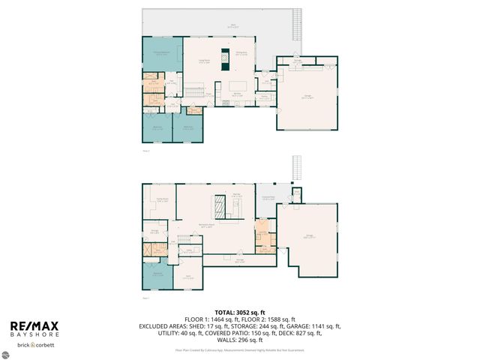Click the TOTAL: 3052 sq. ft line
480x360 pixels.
(x=239, y=312)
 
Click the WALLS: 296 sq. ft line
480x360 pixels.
(x=239, y=340)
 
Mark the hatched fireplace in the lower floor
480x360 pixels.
(x=220, y=205)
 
